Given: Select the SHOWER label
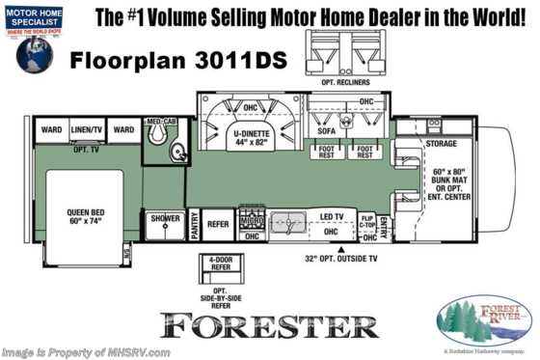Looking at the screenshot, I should click(165, 218).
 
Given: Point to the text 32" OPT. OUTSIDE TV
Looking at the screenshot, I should click(331, 259).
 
